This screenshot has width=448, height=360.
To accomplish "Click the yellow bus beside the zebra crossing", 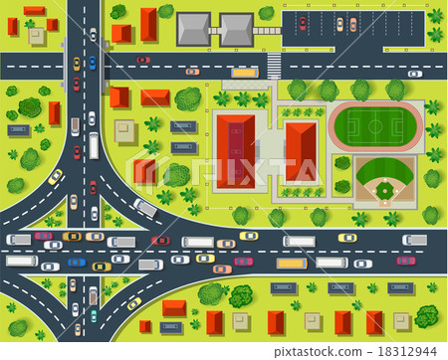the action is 244,73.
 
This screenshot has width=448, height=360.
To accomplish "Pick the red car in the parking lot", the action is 303,23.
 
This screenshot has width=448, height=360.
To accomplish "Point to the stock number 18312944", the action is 409,350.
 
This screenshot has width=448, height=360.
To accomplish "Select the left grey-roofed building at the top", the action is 194,30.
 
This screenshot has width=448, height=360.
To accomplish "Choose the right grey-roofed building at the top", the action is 236,30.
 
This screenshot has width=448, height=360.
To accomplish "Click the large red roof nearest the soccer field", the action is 301,150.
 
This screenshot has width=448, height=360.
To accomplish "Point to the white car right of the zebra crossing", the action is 414,73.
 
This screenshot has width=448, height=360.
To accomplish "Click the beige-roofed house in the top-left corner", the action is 37,37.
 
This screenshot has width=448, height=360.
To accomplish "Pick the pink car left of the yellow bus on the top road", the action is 192,72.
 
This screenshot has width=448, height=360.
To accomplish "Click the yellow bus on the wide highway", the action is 292,263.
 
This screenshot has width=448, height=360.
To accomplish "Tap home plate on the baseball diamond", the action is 385,201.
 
